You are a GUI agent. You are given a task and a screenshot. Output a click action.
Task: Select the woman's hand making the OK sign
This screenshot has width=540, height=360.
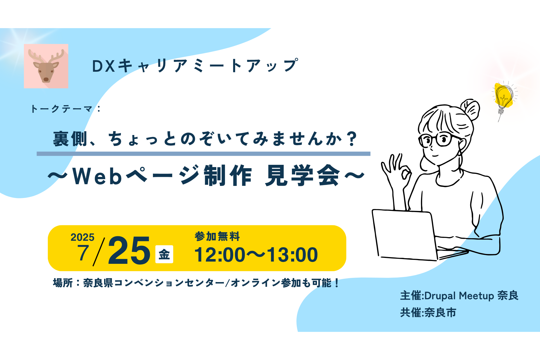(397, 172)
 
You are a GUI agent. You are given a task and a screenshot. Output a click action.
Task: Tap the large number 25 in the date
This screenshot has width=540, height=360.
(129, 250)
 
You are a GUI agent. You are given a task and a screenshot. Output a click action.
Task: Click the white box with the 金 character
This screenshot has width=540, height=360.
(164, 254)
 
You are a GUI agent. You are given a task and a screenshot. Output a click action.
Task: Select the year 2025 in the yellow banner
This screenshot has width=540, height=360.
(82, 237)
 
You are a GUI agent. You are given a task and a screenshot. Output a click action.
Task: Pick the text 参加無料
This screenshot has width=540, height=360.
(217, 236)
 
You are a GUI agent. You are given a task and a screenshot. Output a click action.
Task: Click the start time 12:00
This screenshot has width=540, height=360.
(220, 255)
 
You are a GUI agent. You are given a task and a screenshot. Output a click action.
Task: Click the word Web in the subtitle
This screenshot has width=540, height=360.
(97, 176)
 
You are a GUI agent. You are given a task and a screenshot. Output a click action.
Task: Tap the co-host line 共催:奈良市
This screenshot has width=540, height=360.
(428, 313)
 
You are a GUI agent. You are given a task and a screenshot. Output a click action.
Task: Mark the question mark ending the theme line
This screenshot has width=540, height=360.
(352, 139)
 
